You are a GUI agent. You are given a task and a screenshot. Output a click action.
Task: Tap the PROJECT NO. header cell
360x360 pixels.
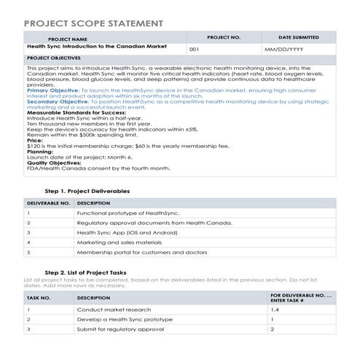click(223, 36)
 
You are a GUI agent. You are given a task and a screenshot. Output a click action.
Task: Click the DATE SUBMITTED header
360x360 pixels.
click(298, 36)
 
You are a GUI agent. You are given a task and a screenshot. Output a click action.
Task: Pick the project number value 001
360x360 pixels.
click(194, 49)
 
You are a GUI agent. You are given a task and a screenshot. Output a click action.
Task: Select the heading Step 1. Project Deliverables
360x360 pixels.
click(87, 190)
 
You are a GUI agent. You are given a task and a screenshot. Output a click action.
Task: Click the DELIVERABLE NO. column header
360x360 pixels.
click(47, 203)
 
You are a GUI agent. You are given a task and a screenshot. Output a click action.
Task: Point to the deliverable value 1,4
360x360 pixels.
click(275, 309)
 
